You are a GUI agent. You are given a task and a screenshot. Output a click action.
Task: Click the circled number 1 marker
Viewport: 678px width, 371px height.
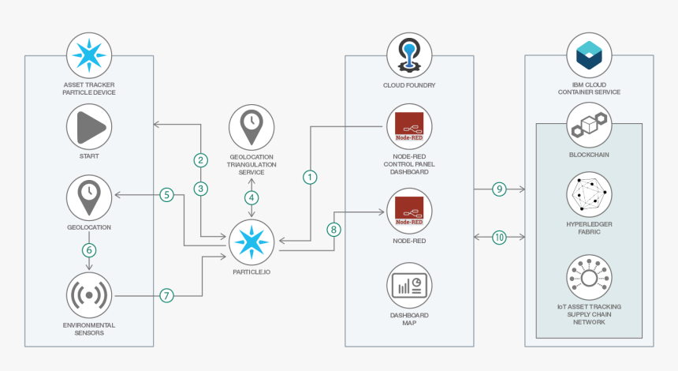pyautogui.click(x=310, y=178)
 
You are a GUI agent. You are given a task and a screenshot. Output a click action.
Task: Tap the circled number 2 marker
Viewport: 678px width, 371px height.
pyautogui.click(x=202, y=160)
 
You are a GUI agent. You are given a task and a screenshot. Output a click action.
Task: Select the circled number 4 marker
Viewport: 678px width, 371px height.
pyautogui.click(x=251, y=197)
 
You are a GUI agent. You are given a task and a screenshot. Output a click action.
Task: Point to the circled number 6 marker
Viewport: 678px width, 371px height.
pyautogui.click(x=89, y=249)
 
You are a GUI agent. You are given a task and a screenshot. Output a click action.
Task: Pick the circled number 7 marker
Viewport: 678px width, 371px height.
pyautogui.click(x=166, y=296)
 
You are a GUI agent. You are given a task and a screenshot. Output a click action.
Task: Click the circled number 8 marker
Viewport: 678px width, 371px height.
pyautogui.click(x=333, y=230)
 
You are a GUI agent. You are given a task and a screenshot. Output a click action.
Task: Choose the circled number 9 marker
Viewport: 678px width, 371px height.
pyautogui.click(x=498, y=189)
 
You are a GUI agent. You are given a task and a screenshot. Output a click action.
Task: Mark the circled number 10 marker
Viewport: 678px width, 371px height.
pyautogui.click(x=498, y=237)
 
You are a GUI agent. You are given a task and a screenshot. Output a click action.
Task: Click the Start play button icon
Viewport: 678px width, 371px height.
pyautogui.click(x=89, y=126)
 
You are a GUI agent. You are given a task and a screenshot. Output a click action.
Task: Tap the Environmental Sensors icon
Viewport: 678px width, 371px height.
pyautogui.click(x=89, y=294)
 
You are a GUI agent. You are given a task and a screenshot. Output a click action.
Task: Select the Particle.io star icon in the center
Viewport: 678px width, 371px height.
pyautogui.click(x=251, y=242)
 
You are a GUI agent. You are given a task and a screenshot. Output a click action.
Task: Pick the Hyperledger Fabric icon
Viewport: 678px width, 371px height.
pyautogui.click(x=589, y=194)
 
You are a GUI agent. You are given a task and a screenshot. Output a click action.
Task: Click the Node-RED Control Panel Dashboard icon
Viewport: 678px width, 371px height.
pyautogui.click(x=409, y=126)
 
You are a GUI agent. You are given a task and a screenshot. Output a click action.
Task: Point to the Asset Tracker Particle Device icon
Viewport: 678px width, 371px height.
pyautogui.click(x=89, y=55)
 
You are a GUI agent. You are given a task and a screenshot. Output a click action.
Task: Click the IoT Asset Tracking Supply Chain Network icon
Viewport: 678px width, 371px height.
pyautogui.click(x=589, y=276)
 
